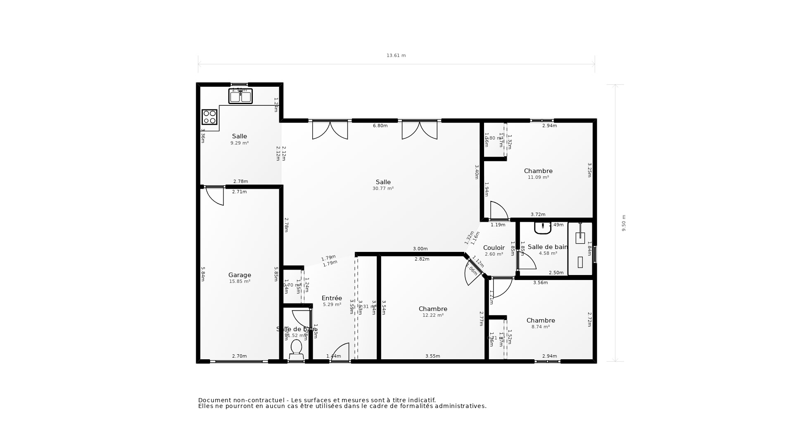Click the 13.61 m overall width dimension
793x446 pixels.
(x=396, y=55)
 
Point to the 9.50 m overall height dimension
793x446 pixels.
(x=624, y=223)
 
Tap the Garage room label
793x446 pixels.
(x=240, y=275)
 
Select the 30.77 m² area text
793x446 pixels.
(x=383, y=188)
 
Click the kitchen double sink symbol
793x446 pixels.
(x=240, y=97)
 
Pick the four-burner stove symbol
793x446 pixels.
(x=209, y=117)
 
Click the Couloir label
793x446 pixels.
(x=494, y=248)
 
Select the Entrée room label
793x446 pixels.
(x=332, y=298)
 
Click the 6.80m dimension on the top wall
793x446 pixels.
(x=380, y=126)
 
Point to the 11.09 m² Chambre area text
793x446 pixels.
(x=538, y=178)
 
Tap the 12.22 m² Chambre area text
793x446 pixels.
(x=433, y=315)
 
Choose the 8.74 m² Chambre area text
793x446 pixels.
(x=540, y=327)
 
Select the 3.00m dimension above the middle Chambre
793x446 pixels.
(x=420, y=249)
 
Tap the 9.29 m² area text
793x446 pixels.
(x=240, y=143)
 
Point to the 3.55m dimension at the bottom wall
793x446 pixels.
(x=432, y=356)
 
